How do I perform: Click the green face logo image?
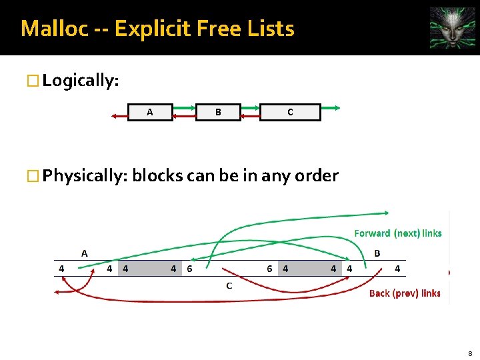tap(453, 28)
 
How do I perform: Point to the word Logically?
tap(80, 81)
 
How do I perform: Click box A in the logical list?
tap(150, 112)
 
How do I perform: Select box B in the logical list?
tap(218, 112)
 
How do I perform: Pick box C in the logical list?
tap(290, 112)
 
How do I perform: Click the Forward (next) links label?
tap(398, 233)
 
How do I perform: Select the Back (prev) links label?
tap(405, 293)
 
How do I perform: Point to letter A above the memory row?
tap(84, 253)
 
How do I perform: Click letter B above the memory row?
tap(377, 253)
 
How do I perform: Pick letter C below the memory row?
tap(229, 286)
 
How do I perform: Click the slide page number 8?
tap(471, 353)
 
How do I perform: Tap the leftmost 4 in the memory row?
tap(61, 269)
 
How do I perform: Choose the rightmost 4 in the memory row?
tap(397, 269)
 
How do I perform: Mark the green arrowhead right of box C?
tap(338, 107)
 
